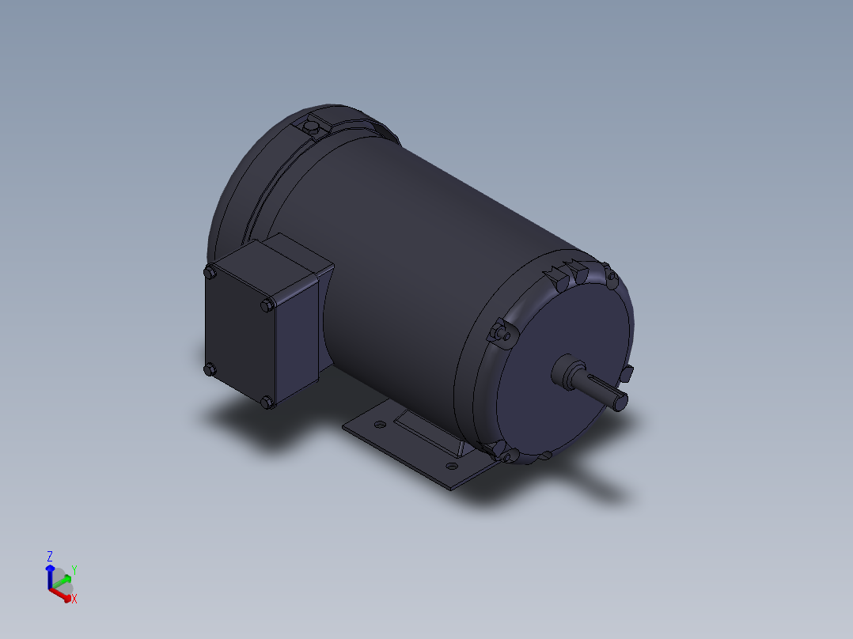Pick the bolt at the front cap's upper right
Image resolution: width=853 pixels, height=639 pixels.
609,275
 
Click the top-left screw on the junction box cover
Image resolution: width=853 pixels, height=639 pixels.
210,273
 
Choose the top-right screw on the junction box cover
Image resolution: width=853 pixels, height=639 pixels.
267,304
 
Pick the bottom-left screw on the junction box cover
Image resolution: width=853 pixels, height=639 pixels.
210,369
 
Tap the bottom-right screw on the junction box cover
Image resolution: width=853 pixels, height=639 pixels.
266,403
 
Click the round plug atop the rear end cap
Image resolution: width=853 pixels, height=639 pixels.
313,127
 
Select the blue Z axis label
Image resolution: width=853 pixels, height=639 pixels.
49,556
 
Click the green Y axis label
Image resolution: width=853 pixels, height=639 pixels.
74,569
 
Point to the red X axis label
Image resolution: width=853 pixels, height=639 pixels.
74,599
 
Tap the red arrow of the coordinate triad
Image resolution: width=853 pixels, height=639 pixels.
61,594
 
